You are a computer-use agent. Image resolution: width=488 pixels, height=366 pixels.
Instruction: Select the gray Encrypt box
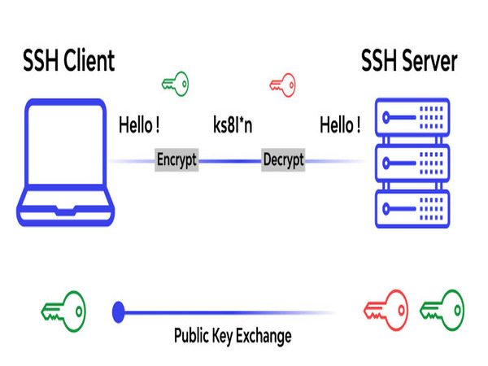pos(176,160)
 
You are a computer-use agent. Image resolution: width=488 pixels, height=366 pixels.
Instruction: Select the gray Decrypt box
pos(283,160)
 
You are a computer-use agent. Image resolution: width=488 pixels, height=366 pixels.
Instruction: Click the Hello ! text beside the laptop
pos(139,126)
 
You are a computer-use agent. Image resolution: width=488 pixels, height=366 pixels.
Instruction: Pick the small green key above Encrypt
pos(175,83)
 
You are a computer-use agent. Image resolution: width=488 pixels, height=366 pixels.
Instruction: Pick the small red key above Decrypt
pos(281,83)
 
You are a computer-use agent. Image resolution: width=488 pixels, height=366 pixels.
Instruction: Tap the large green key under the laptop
pos(63,310)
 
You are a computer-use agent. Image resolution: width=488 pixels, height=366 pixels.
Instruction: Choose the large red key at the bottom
pos(386,310)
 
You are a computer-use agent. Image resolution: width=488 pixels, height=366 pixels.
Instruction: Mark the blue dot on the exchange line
pos(119,310)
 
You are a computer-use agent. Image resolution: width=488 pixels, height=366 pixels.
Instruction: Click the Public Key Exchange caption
pos(233,334)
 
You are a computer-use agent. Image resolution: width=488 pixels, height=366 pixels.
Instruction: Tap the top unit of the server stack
pos(410,116)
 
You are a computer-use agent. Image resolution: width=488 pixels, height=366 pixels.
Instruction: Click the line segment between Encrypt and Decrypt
pos(230,160)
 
